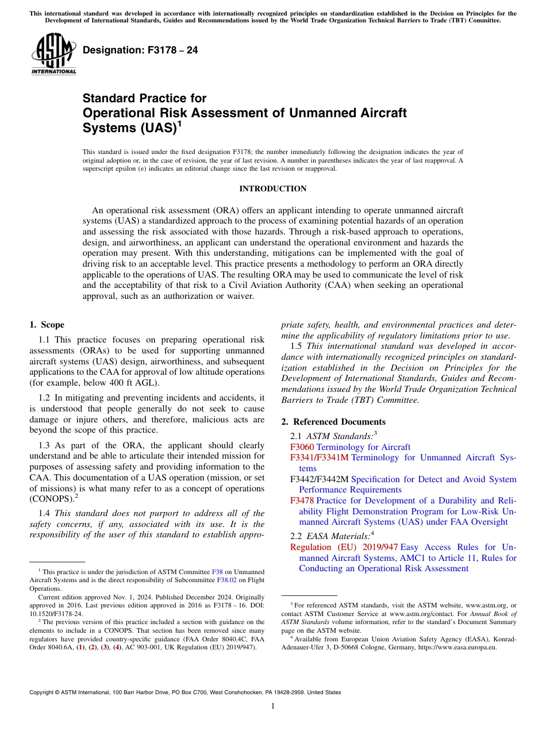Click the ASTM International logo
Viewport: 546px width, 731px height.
(53, 55)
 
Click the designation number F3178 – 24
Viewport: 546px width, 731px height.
(140, 51)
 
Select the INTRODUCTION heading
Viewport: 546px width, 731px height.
(272, 189)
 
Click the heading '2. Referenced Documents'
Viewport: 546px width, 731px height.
(333, 422)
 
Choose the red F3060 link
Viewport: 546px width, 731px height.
(302, 447)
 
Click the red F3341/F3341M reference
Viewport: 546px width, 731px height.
(320, 458)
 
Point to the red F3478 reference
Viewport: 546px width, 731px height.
(302, 501)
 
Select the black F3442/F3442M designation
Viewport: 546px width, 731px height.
(320, 479)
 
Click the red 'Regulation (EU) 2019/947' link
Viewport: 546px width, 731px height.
(344, 548)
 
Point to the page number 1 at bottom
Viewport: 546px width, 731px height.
(273, 706)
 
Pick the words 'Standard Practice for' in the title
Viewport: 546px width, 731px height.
(144, 98)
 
